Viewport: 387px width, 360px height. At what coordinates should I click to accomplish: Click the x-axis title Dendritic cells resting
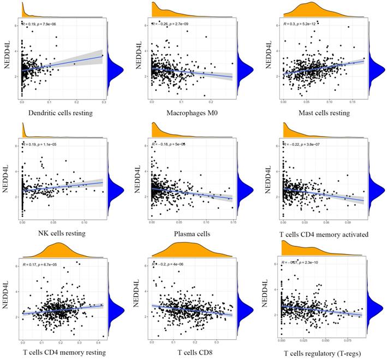(62, 114)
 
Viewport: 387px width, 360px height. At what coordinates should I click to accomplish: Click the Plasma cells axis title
(192, 234)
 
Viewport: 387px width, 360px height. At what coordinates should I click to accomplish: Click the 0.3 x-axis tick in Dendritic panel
(103, 102)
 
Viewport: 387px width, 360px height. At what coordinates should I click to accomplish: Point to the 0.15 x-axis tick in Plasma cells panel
(233, 222)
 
